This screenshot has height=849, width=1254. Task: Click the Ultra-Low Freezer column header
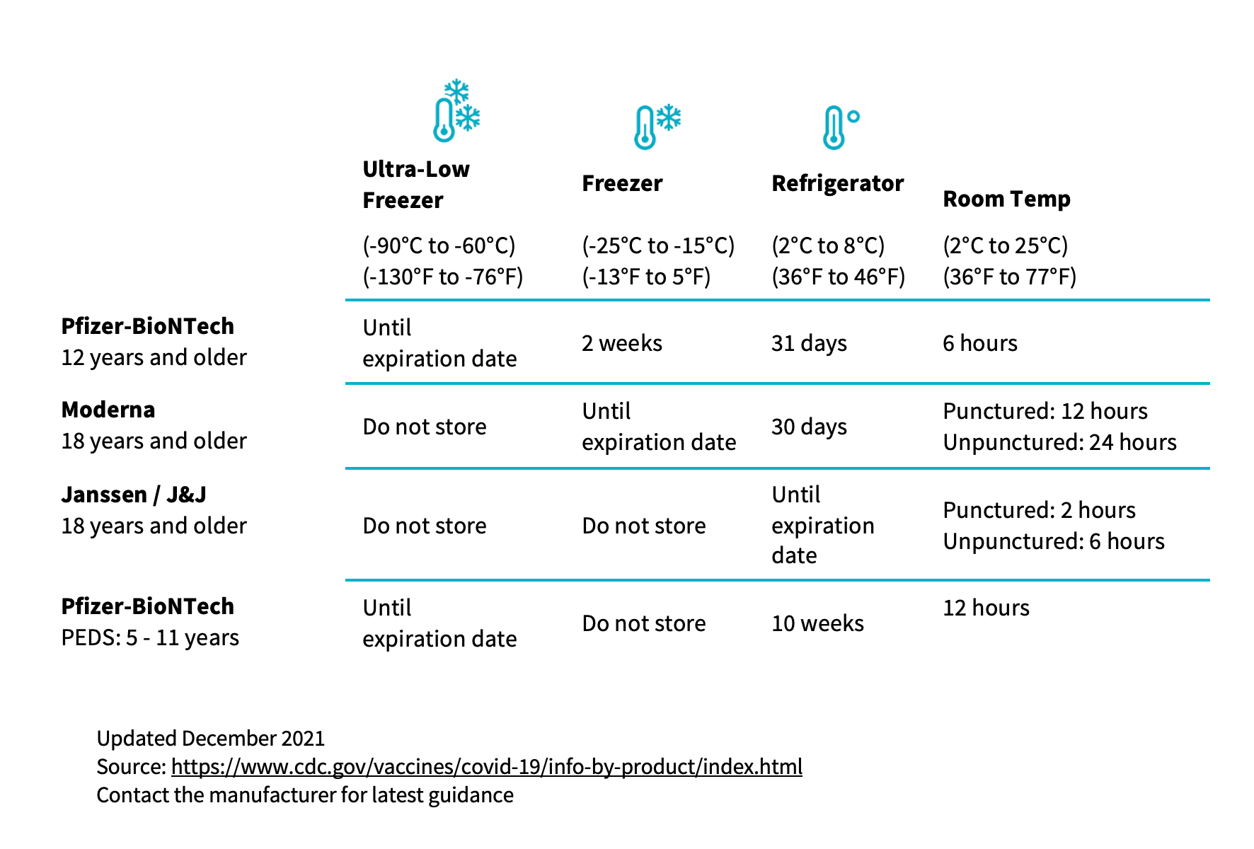pyautogui.click(x=416, y=185)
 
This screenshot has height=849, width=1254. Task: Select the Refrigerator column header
pyautogui.click(x=838, y=183)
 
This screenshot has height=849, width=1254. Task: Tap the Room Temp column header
pyautogui.click(x=1006, y=199)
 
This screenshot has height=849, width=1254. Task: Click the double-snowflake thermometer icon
pyautogui.click(x=457, y=110)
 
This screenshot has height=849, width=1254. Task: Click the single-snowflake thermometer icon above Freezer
pyautogui.click(x=657, y=127)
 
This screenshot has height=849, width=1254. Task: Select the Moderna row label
pyautogui.click(x=108, y=410)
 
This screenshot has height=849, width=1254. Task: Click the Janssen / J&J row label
pyautogui.click(x=134, y=495)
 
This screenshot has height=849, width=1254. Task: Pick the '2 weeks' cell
pyautogui.click(x=622, y=343)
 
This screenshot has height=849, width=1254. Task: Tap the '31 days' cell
pyautogui.click(x=809, y=343)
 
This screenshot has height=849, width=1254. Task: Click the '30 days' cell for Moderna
pyautogui.click(x=809, y=427)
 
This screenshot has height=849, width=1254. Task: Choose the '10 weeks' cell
pyautogui.click(x=817, y=623)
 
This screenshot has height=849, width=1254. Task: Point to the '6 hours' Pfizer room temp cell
pyautogui.click(x=980, y=343)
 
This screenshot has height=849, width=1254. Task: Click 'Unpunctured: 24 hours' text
pyautogui.click(x=1059, y=442)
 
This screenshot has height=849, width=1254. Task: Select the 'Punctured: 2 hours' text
pyautogui.click(x=1039, y=510)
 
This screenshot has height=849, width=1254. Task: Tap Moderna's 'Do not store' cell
pyautogui.click(x=425, y=427)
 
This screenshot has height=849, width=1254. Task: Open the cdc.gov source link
pyautogui.click(x=487, y=767)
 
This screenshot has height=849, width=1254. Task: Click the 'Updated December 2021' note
pyautogui.click(x=211, y=739)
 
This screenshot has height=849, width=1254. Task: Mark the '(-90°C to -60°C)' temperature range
pyautogui.click(x=439, y=246)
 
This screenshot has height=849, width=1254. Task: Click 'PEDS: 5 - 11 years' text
pyautogui.click(x=150, y=637)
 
